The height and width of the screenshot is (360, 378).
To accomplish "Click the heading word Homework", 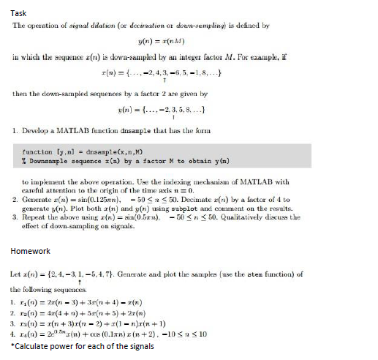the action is click(x=30, y=251).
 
